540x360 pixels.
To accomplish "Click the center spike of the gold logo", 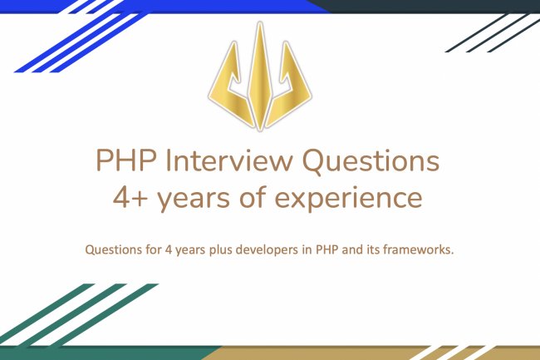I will click(261, 75).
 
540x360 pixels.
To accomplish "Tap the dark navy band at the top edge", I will click(432, 5).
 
